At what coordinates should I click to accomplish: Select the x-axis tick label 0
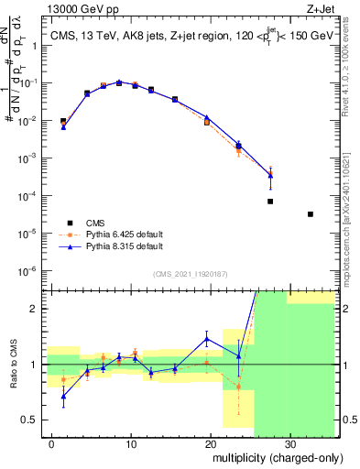tap(51, 443)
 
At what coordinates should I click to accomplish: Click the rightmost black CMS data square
tap(311, 214)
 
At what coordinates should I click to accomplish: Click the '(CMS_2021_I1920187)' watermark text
tap(191, 273)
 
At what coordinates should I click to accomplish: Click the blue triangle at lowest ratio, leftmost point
tap(63, 397)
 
